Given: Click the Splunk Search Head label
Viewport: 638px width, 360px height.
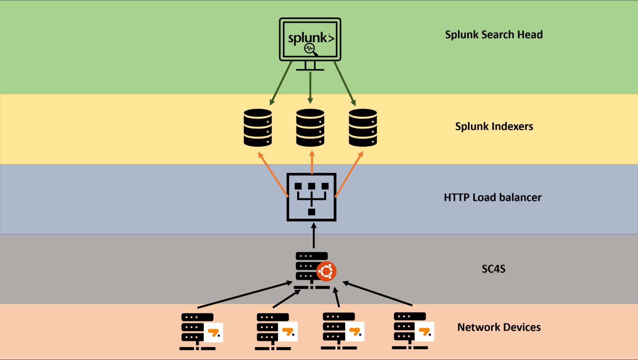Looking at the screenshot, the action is tap(494, 34).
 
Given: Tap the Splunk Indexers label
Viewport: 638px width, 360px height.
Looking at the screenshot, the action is tap(494, 126).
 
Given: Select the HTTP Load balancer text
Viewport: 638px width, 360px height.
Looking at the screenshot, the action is tap(492, 198).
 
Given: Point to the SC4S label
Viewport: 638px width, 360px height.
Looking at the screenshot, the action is tap(493, 269).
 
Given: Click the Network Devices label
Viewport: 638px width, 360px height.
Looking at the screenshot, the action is tap(499, 327).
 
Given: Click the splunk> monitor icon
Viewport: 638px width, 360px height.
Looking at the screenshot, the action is tap(310, 44).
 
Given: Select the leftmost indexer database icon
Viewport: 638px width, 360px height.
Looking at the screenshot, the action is tap(258, 128).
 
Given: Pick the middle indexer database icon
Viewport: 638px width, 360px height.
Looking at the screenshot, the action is tap(310, 128).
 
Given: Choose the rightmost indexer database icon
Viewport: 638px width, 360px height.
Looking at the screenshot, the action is tap(363, 128).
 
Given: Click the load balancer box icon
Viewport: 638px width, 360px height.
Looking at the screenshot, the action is tap(311, 197).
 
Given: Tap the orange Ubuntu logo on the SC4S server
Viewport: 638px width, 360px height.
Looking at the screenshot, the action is tap(326, 271).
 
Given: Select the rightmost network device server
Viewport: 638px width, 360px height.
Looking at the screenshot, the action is tap(413, 331).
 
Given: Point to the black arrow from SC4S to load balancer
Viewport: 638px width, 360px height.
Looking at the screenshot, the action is tap(314, 236).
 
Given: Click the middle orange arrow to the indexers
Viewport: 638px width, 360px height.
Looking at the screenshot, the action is tap(312, 162).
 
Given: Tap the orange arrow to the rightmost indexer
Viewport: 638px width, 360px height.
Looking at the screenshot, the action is tap(349, 174).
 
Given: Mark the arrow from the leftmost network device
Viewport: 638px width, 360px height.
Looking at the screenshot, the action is tap(245, 295).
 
